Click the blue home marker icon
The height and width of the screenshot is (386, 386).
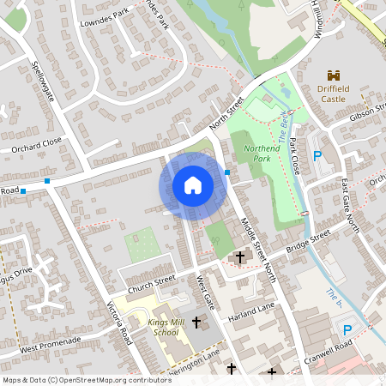192,185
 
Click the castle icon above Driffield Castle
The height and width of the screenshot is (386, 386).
335,75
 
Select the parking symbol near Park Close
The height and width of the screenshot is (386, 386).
317,156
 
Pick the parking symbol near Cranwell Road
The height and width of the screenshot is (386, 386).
347,330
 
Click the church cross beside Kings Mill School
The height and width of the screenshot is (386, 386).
197,323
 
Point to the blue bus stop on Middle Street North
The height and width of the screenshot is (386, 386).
227,172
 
